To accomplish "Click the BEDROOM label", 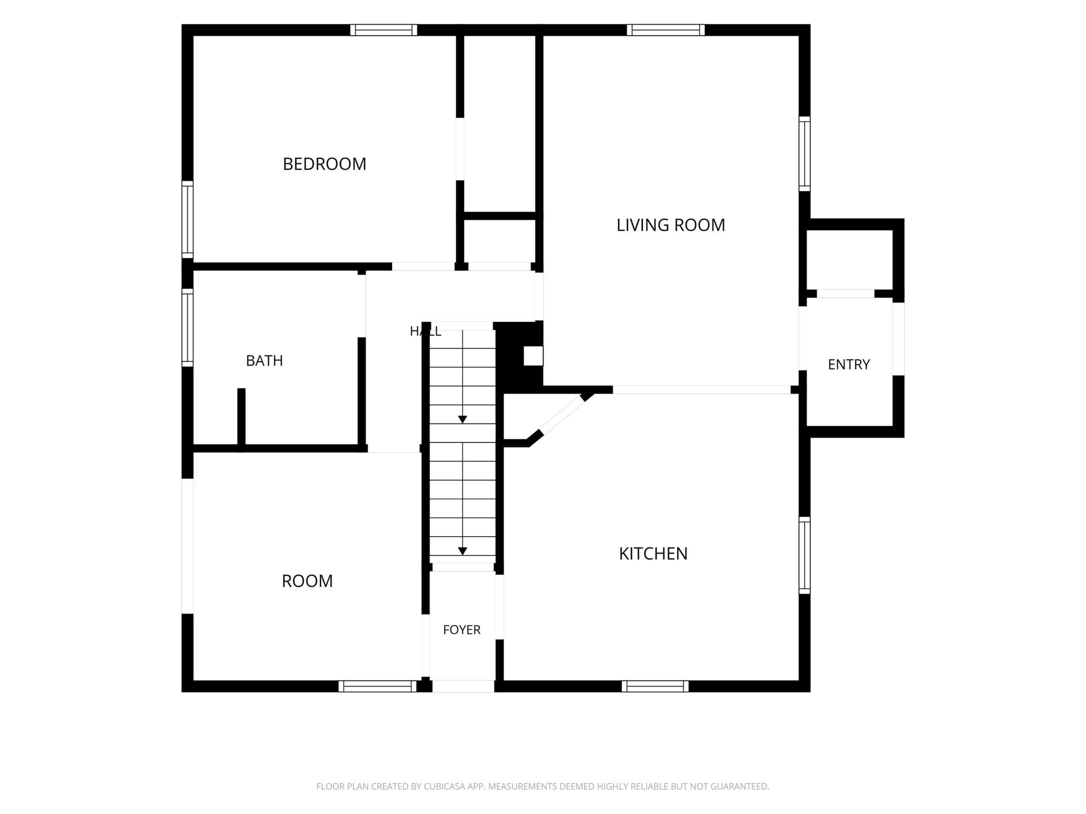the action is tap(325, 164).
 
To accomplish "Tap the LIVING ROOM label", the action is tap(671, 225).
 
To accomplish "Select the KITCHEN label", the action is tap(653, 553).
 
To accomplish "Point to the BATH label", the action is tap(264, 361).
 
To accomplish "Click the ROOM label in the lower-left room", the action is tap(307, 581).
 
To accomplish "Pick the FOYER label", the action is tap(462, 630).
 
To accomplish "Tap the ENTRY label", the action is tap(849, 364).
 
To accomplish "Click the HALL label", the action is tap(425, 331).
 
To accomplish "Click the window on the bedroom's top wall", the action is tap(383, 30).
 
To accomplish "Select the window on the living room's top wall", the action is tap(666, 30).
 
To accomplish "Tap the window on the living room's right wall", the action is tap(804, 153).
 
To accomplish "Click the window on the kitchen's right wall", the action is tap(804, 555).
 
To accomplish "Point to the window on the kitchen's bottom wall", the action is tap(655, 686).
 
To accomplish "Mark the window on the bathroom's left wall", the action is tap(188, 327).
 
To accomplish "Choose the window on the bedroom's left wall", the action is tap(188, 219).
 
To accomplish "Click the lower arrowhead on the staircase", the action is tap(462, 552).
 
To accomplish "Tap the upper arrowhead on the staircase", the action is tap(462, 420).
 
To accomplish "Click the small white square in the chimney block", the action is tap(533, 356).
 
